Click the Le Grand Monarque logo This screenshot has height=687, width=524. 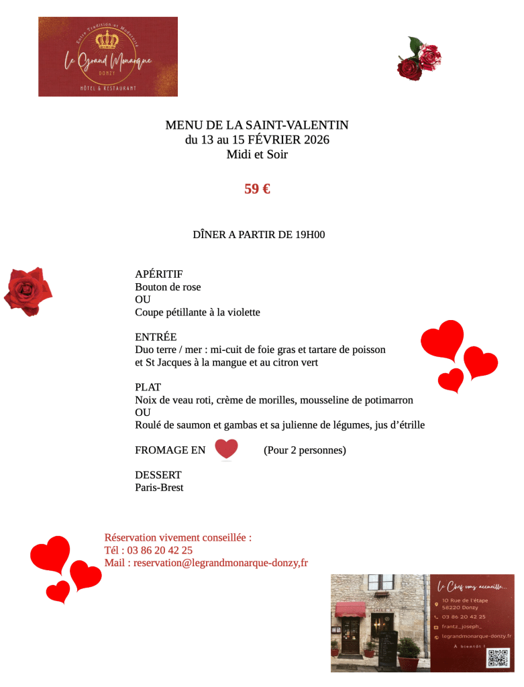(108, 56)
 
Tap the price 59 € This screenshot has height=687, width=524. (257, 189)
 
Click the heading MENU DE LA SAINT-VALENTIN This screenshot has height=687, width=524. (257, 125)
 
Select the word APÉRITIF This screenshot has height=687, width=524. (159, 274)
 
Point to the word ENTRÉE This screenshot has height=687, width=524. (156, 337)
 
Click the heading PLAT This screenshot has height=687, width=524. (148, 387)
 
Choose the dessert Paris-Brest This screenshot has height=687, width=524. (159, 488)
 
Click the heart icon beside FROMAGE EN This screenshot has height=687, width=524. (227, 449)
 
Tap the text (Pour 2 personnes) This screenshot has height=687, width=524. (305, 450)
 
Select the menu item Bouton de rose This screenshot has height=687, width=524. (168, 287)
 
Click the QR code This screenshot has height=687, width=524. (498, 657)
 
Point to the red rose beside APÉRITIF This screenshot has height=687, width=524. (28, 291)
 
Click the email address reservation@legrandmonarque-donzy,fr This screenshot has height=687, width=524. (221, 563)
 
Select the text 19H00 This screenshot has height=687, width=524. (310, 235)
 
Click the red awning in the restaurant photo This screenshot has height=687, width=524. (350, 609)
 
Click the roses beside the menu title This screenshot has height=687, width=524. (419, 59)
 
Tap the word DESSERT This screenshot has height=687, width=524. (158, 475)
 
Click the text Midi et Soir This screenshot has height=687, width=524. (257, 154)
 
